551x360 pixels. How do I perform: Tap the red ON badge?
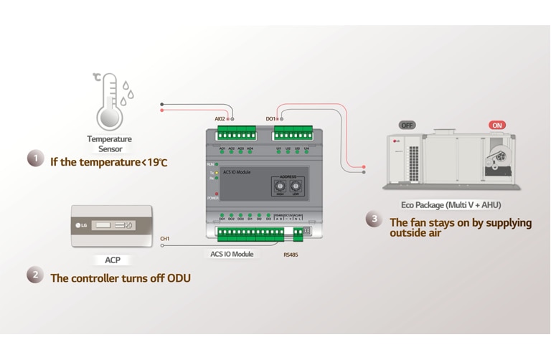[496, 125]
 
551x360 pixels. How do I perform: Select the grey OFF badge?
[408, 125]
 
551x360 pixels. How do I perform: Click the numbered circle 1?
[35, 158]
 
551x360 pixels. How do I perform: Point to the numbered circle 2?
[35, 275]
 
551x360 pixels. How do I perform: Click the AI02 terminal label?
[220, 118]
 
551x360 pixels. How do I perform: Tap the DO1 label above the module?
[270, 118]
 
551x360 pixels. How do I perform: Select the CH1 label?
[165, 238]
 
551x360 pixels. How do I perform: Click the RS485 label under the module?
[291, 254]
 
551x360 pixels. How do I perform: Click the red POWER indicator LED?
[217, 194]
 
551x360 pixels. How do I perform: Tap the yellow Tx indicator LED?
[217, 173]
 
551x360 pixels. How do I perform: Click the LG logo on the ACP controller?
[81, 225]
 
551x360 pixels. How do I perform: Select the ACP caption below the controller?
[112, 260]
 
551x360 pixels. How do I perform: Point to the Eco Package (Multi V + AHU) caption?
[451, 205]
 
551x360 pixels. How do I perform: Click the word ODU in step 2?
[179, 278]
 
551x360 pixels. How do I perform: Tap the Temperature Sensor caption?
[109, 144]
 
